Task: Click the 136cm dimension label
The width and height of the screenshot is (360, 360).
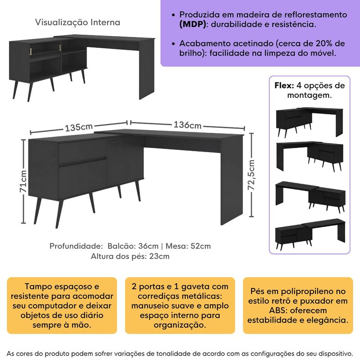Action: [187, 125]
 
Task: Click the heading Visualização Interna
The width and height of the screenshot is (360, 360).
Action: [77, 22]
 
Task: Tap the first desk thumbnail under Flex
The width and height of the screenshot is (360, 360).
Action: [310, 122]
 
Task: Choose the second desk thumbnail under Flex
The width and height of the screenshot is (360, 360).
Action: [310, 157]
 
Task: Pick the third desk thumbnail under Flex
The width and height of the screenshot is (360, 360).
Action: [310, 194]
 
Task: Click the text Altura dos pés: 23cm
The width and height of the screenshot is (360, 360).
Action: [130, 256]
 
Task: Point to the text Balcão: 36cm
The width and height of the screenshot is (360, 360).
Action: [133, 246]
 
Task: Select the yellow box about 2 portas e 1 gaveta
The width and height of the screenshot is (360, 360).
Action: [180, 305]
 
